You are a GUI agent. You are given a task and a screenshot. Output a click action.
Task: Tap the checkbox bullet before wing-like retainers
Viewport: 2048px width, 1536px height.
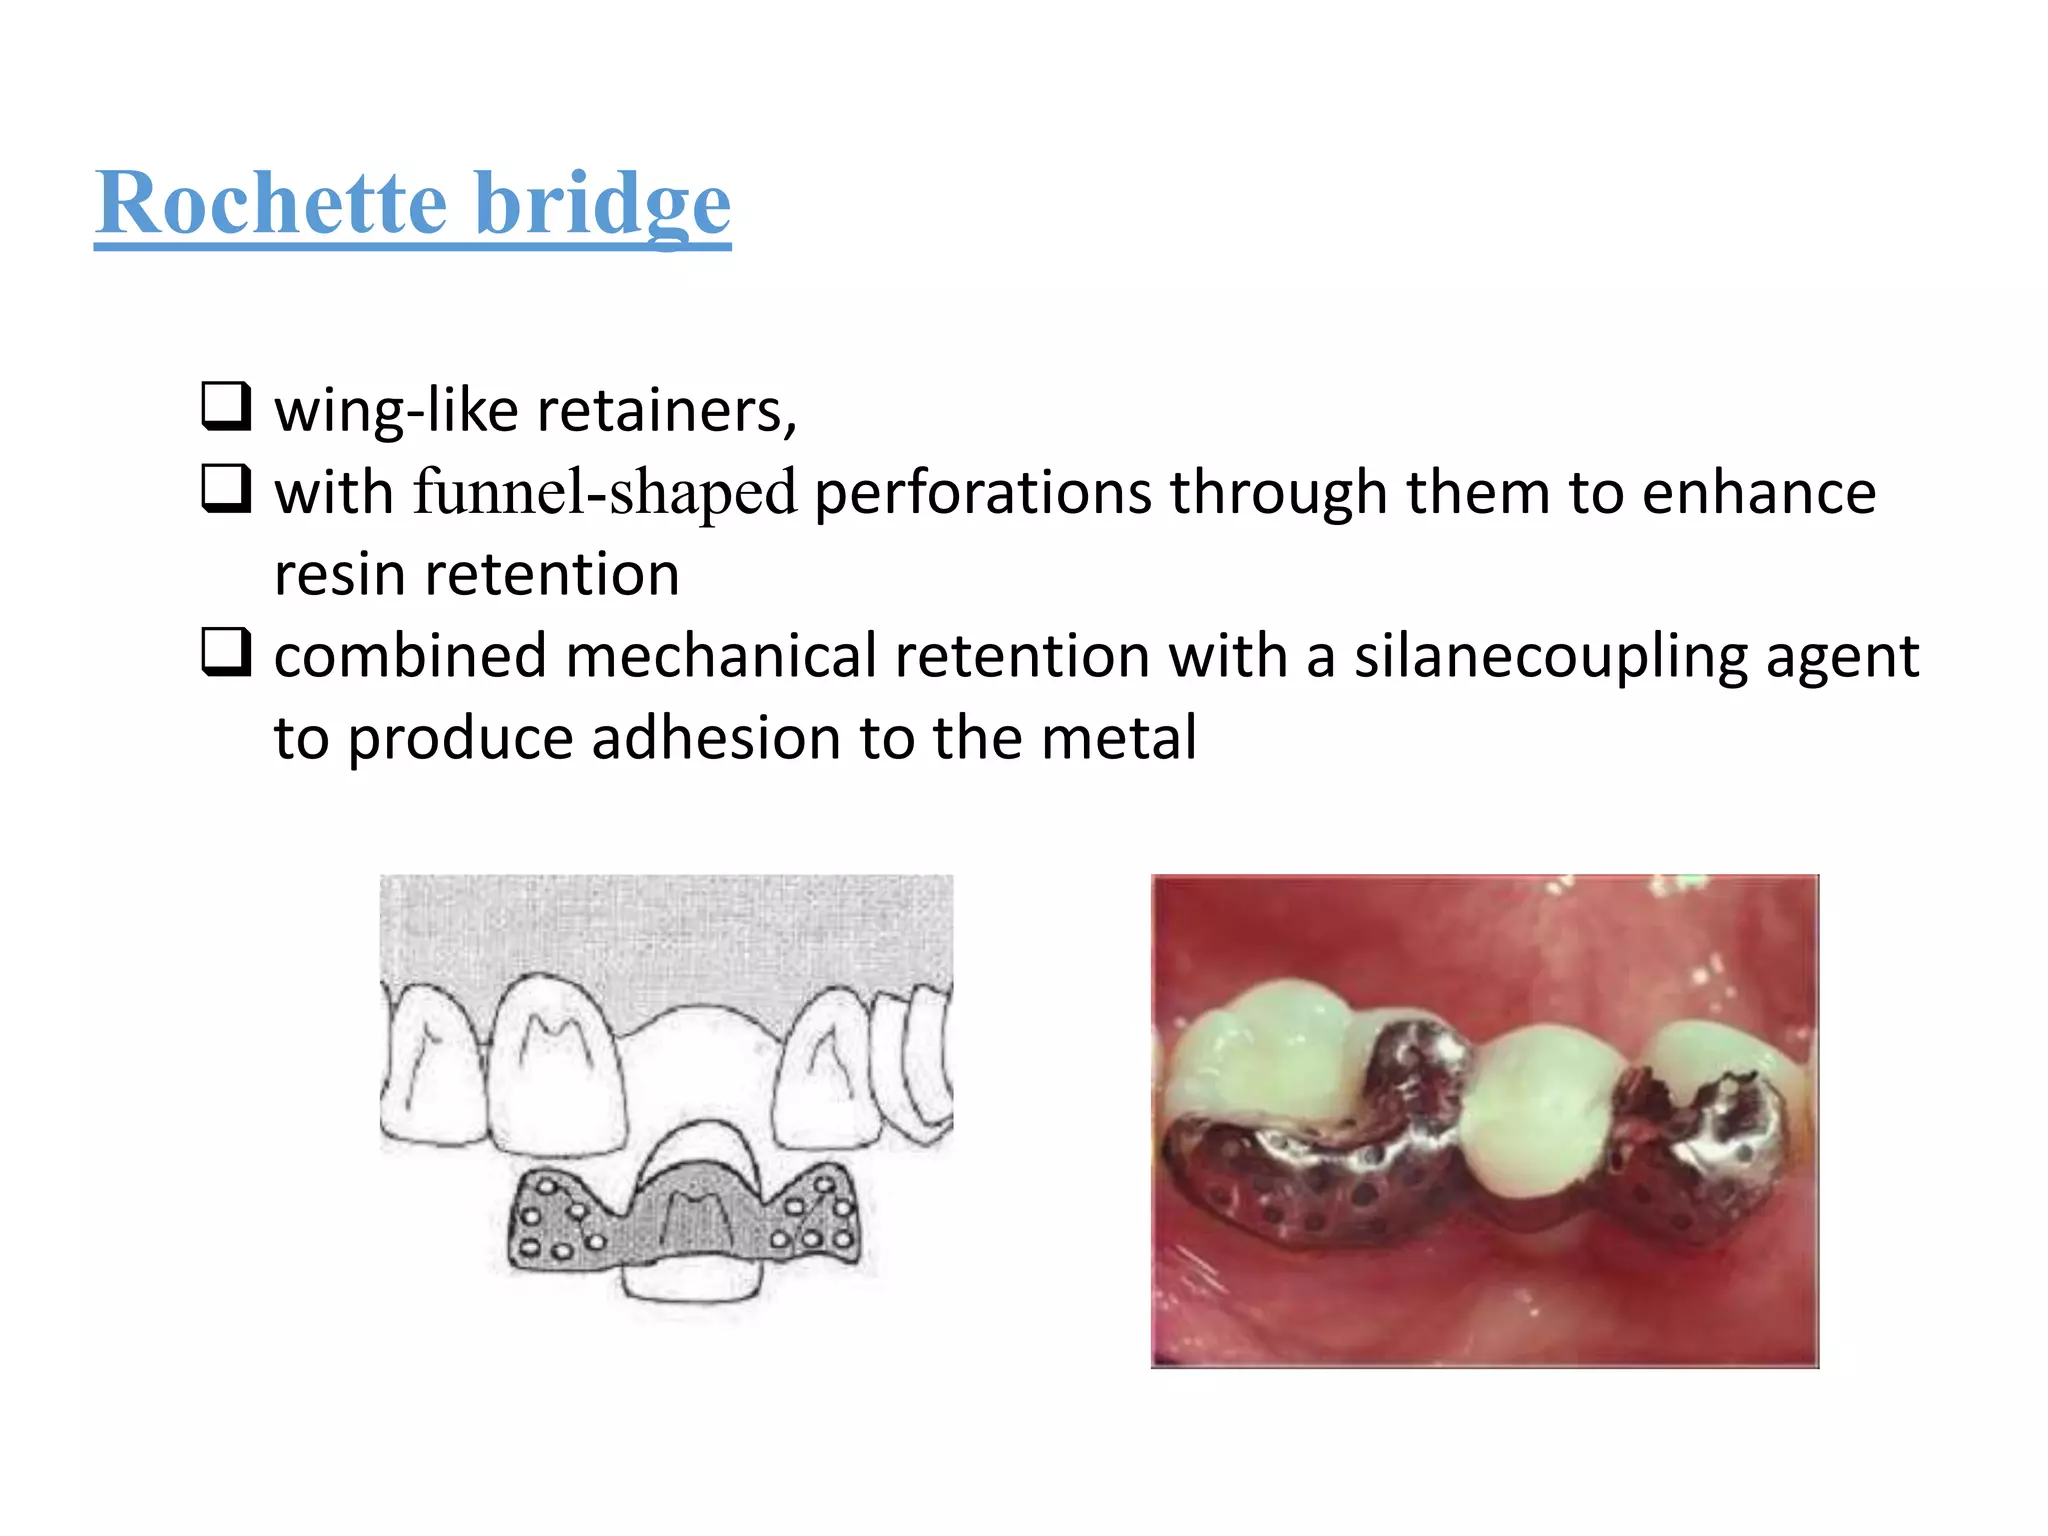tap(225, 406)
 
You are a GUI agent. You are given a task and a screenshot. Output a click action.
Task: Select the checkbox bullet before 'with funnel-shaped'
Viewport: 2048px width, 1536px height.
tap(225, 488)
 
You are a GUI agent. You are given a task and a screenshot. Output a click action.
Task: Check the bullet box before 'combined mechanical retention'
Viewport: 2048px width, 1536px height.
tap(225, 652)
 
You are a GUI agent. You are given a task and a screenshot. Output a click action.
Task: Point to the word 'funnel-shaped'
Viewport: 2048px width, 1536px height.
tap(605, 492)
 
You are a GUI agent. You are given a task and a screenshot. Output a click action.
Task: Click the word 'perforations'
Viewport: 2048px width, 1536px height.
tap(983, 492)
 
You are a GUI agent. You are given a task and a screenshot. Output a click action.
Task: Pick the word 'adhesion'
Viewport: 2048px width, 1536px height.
tap(717, 738)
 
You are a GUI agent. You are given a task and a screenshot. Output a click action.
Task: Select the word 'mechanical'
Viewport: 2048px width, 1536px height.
tap(721, 657)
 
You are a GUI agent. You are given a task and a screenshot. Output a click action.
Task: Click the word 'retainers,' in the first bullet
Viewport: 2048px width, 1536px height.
tap(666, 410)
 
